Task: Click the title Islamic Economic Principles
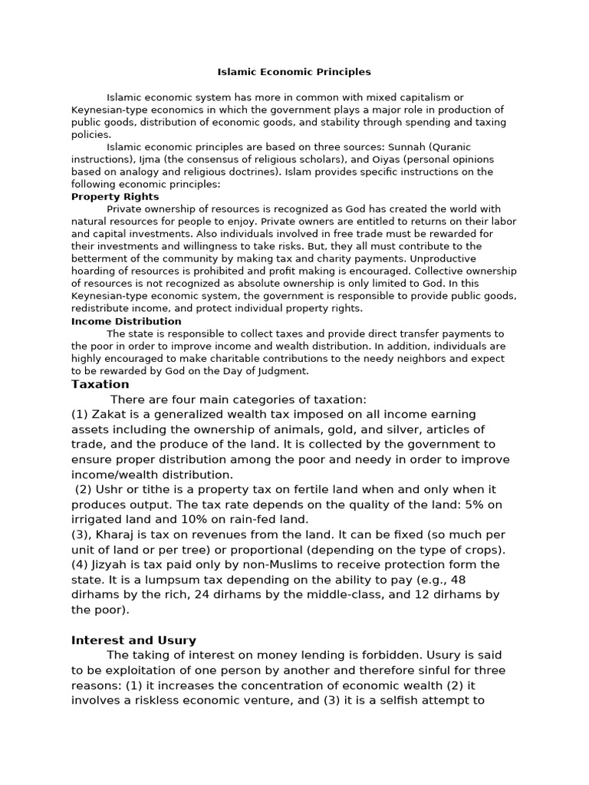(x=294, y=72)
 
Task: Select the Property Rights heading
(x=115, y=197)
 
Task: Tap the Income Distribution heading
(x=127, y=321)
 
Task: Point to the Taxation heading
(x=100, y=384)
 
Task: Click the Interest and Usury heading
(x=133, y=640)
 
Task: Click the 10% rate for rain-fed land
(x=171, y=519)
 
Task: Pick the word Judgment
(x=284, y=371)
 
